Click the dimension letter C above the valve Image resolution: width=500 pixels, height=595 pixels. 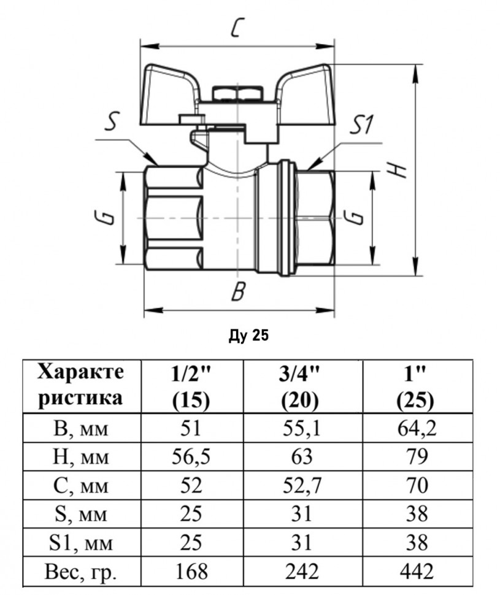(x=237, y=28)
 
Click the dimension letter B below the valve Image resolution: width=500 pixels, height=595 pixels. (x=239, y=291)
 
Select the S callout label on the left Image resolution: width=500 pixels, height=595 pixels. (x=112, y=121)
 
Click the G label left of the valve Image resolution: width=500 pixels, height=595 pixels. (x=107, y=217)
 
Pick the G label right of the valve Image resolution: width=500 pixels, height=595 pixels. (x=354, y=217)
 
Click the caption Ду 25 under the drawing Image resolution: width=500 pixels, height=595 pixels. (x=248, y=335)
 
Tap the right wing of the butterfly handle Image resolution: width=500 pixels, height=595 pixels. (x=306, y=95)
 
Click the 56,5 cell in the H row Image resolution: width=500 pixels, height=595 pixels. (x=191, y=456)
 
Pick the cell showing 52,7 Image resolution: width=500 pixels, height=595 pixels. (x=303, y=485)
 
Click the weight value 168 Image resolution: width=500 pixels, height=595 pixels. (x=191, y=571)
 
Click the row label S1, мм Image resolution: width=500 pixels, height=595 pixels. (x=80, y=543)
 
